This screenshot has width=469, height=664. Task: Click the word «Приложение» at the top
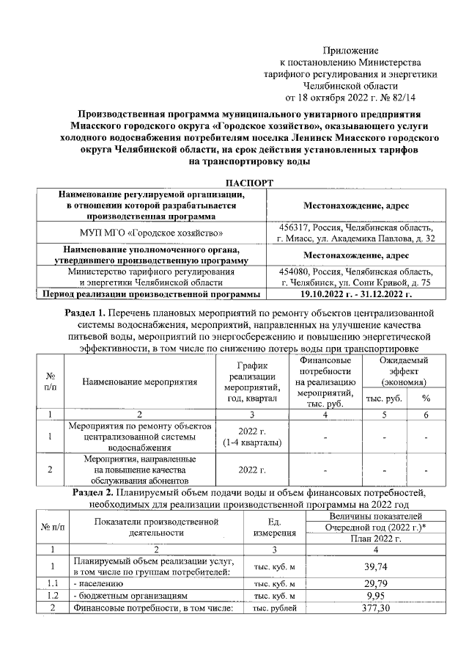pos(351,51)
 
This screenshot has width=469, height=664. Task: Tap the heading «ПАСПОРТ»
pos(234,181)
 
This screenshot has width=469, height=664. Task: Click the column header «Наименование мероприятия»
pos(140,382)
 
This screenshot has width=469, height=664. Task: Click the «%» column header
pos(425,398)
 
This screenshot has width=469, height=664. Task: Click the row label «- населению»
pos(98,584)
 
